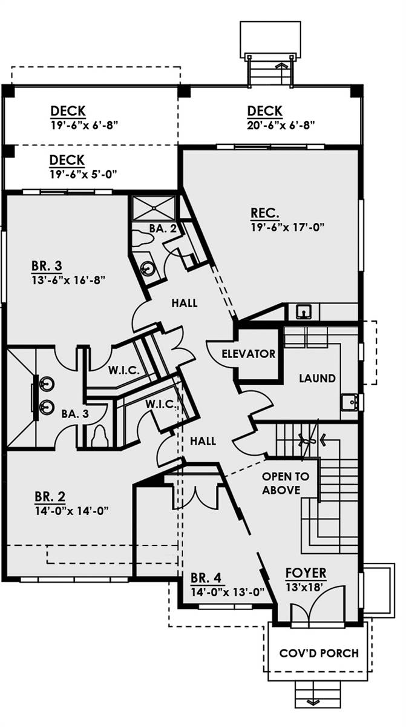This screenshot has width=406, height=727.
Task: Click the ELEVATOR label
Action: pos(249,353)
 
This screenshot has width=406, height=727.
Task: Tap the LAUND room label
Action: pos(317,378)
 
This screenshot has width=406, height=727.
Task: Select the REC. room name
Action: pos(265,213)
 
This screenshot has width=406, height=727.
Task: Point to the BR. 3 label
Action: pos(47,266)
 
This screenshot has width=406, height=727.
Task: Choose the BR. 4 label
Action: pos(206,578)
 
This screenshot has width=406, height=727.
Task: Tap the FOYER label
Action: pos(306,573)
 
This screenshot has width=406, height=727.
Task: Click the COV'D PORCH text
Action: pos(319,653)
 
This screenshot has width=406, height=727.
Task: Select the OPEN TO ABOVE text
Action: pos(286,483)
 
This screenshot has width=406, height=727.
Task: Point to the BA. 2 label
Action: pos(163,228)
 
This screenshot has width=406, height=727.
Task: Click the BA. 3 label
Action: pos(75,414)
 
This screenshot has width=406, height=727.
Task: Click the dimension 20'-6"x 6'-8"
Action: pos(281,125)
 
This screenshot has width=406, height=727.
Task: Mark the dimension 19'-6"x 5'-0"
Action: pos(83,174)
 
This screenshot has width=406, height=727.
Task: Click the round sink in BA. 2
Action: pos(148,268)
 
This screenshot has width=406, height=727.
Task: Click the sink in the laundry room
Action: pos(350,402)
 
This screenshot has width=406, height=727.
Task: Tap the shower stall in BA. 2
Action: pos(154,208)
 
